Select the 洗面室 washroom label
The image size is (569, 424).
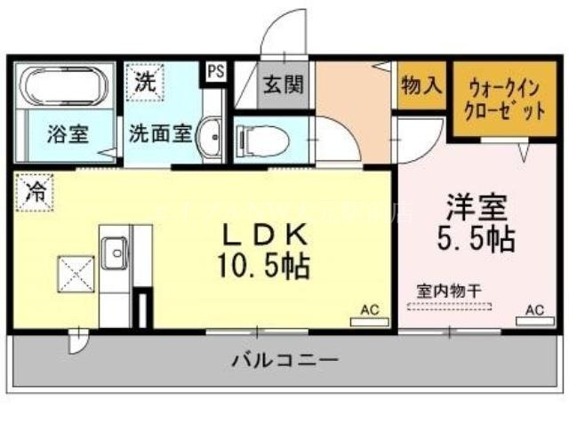point(160,135)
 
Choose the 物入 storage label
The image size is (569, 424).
point(421,86)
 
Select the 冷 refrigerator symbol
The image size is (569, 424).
point(34,191)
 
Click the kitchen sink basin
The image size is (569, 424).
point(115,255)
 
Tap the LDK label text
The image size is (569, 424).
point(264,234)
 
